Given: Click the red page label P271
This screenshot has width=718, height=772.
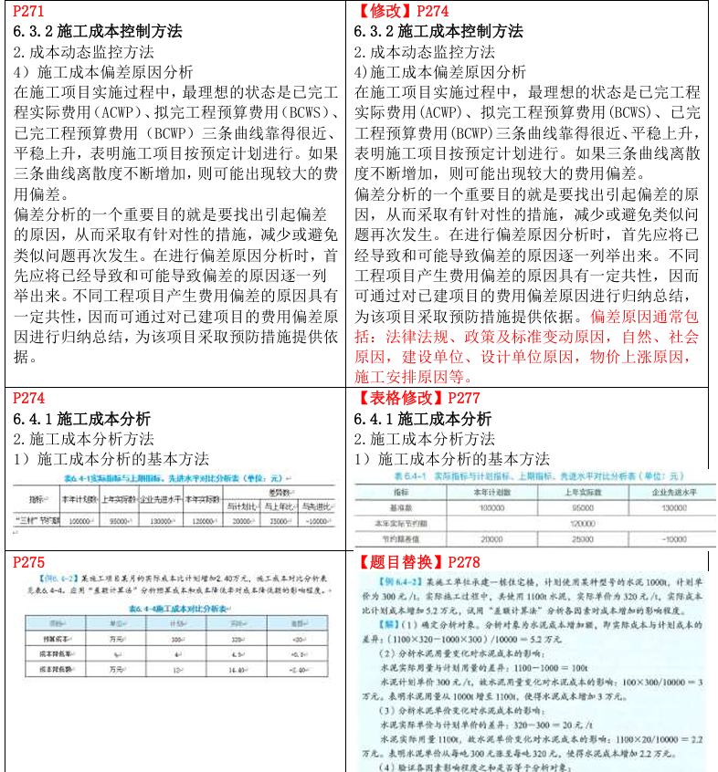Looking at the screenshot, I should coord(28,12).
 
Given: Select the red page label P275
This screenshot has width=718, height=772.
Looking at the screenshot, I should coord(28,562).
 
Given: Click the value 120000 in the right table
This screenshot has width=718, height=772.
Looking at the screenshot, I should coord(582,524).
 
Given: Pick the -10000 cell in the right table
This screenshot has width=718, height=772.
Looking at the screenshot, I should coord(673,539).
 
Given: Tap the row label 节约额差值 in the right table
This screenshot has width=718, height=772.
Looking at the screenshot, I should coord(396,539).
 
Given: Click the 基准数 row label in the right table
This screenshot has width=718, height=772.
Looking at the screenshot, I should coord(396,508).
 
